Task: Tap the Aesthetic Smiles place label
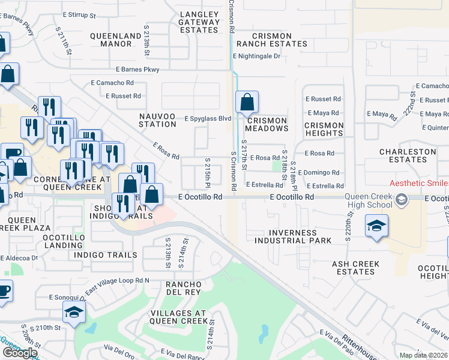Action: pyautogui.click(x=419, y=183)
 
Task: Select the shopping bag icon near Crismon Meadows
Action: pyautogui.click(x=247, y=103)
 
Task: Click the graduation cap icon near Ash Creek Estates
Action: pyautogui.click(x=376, y=227)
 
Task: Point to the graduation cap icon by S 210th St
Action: pyautogui.click(x=74, y=313)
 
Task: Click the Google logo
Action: pyautogui.click(x=19, y=353)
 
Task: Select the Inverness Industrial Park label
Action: pyautogui.click(x=293, y=236)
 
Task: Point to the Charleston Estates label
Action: pyautogui.click(x=408, y=156)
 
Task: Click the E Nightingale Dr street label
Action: pyautogui.click(x=256, y=56)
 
